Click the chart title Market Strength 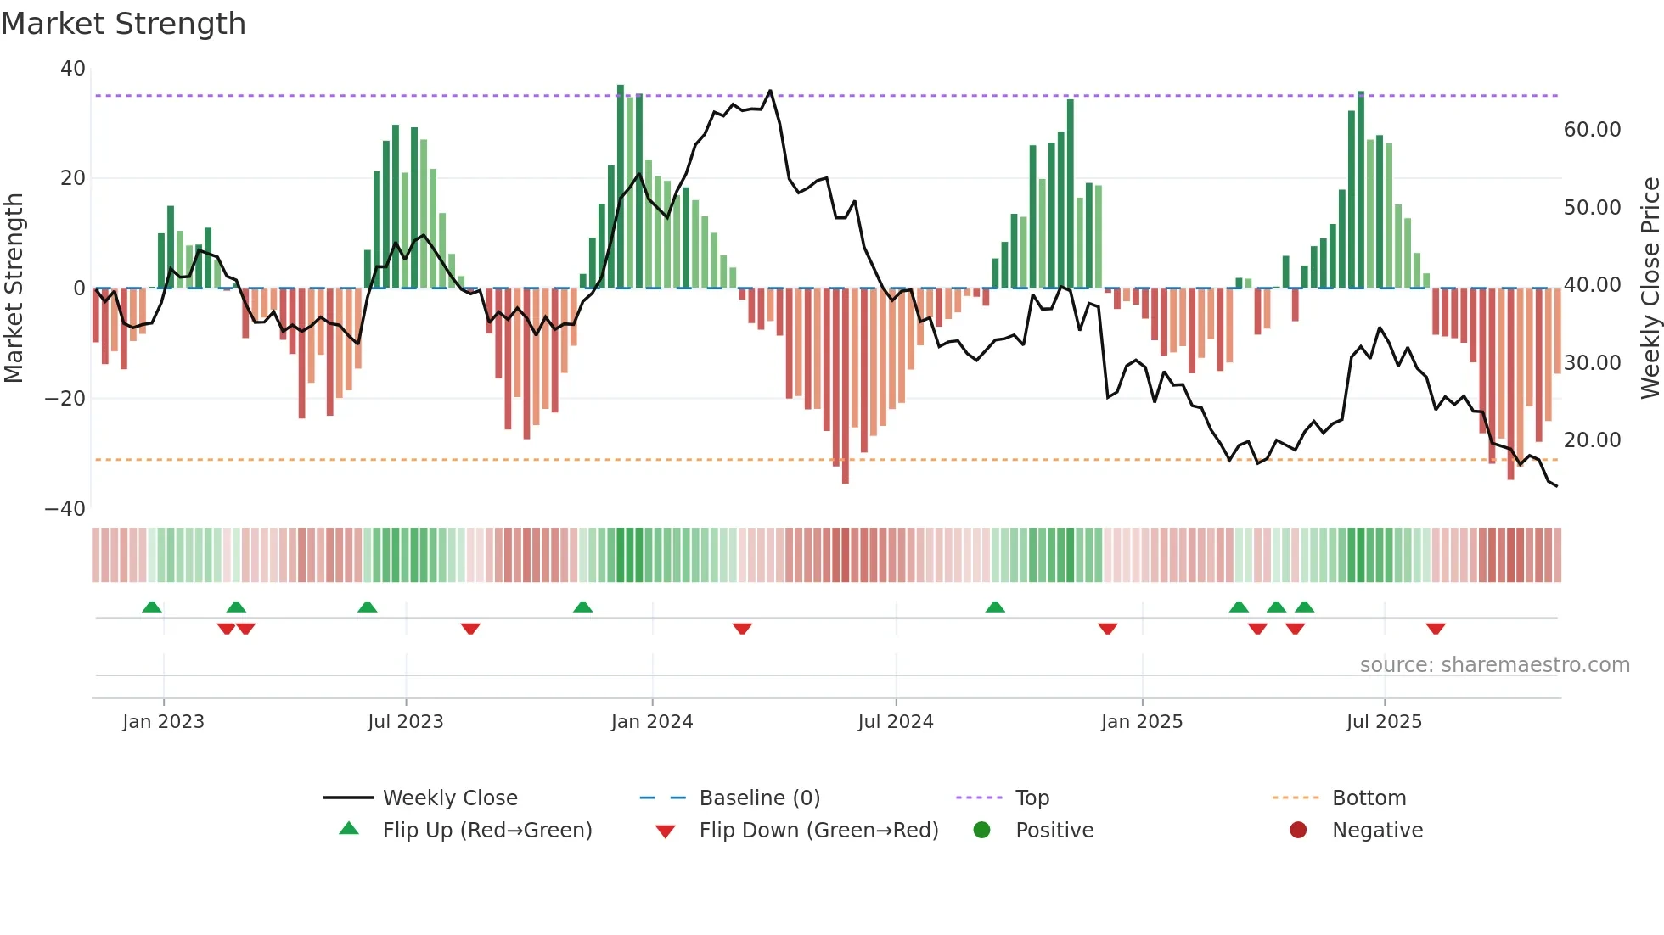coord(123,24)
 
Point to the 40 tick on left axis coord(73,69)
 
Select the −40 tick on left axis coord(65,509)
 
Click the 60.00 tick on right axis coord(1592,130)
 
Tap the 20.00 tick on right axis coord(1592,440)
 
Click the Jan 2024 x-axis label coord(652,722)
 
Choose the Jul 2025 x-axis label coord(1384,722)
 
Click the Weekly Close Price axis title coord(1650,288)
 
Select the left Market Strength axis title coord(14,288)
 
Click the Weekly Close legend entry coord(450,798)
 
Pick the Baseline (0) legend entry coord(759,798)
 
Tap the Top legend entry coord(1032,798)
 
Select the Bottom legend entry coord(1369,798)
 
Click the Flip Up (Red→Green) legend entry coord(486,831)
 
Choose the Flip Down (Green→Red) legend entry coord(818,831)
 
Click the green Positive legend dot coord(982,831)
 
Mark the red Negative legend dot coord(1298,831)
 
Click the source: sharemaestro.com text coord(1494,665)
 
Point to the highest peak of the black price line coord(770,91)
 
